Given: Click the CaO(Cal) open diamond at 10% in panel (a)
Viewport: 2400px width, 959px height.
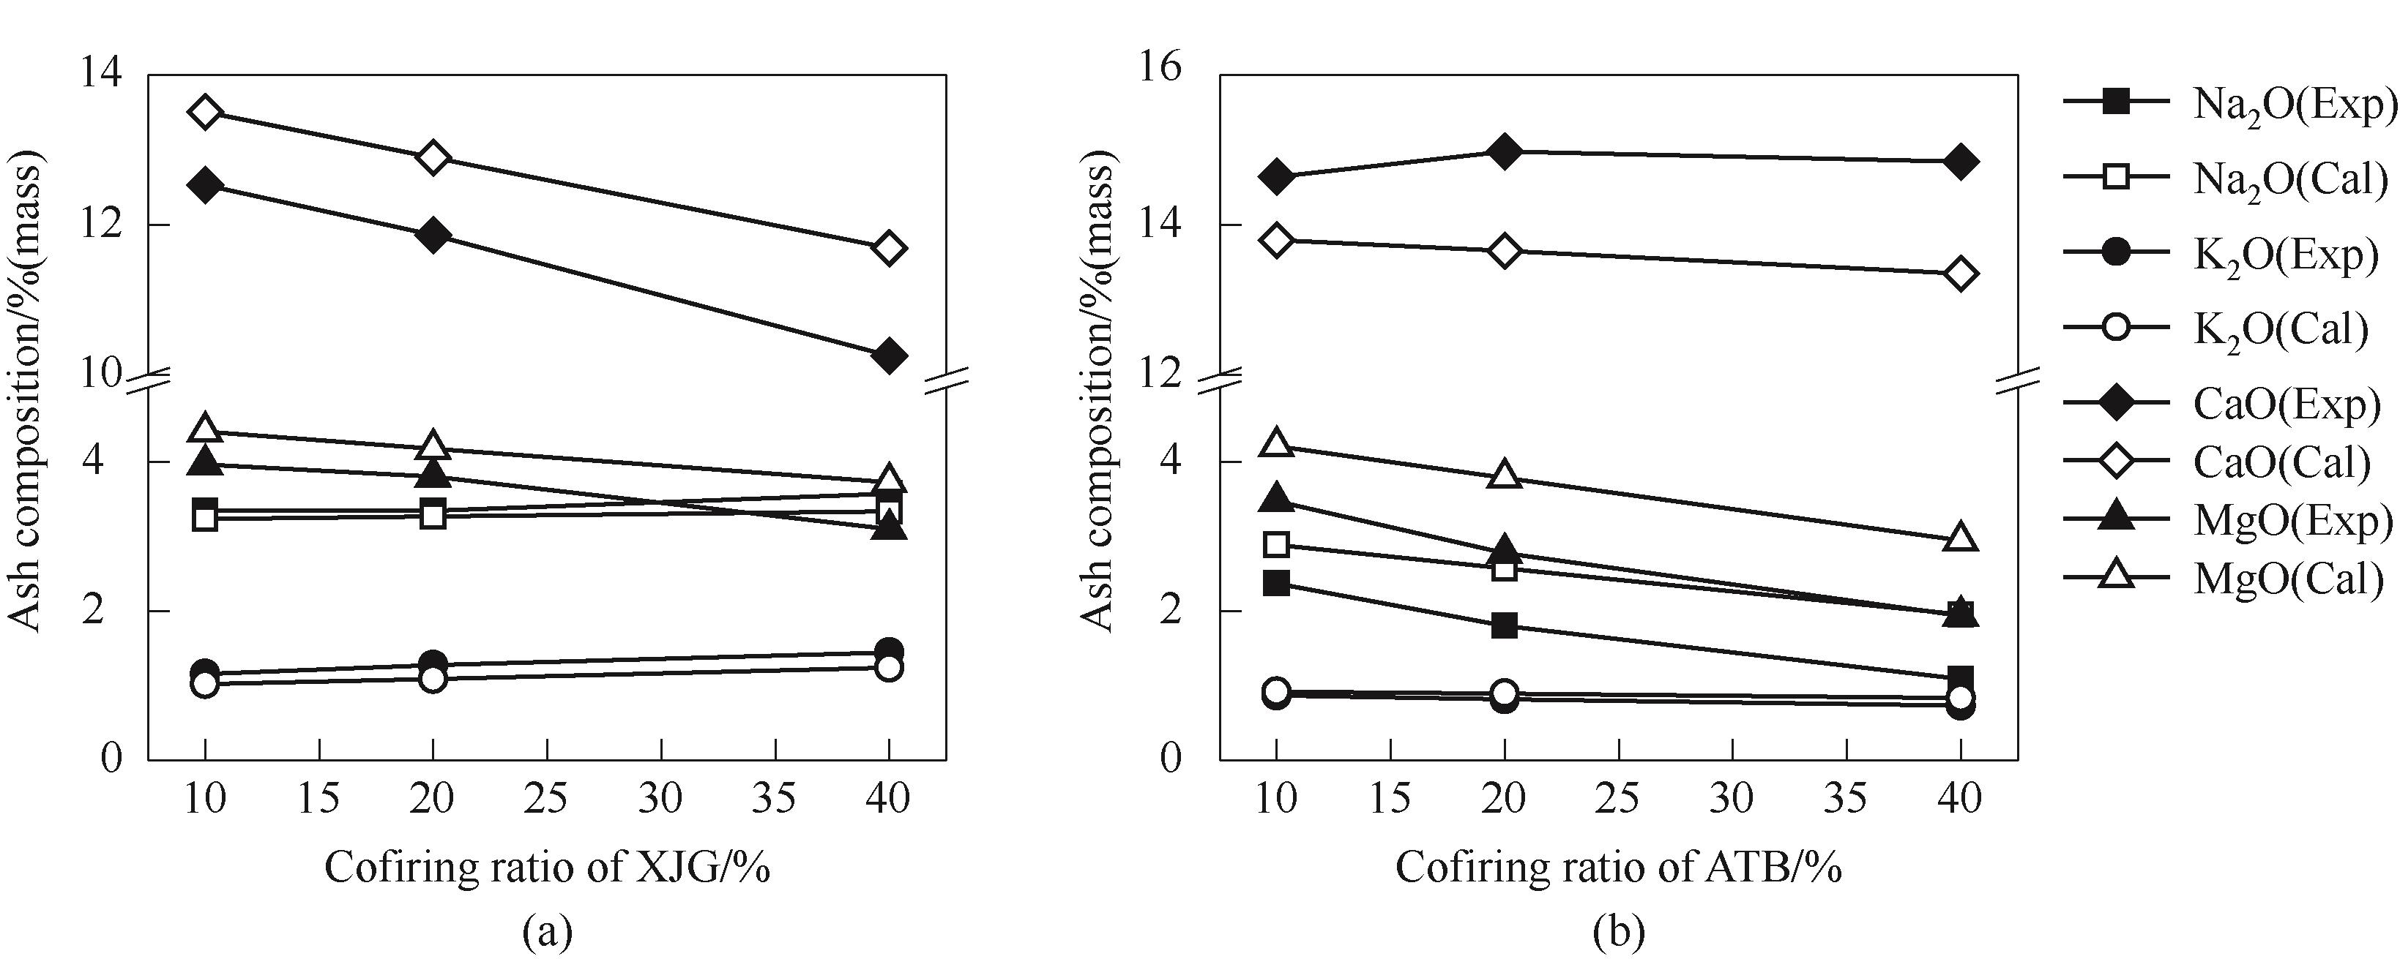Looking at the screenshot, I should [x=205, y=113].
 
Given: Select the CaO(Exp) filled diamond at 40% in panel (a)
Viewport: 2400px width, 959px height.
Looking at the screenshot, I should [x=889, y=355].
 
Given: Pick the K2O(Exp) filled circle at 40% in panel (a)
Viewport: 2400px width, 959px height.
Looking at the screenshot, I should [x=889, y=652].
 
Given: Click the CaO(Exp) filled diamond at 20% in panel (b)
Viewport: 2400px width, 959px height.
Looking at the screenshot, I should [x=1505, y=151].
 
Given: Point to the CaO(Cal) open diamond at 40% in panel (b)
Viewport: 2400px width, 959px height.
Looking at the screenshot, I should [x=1960, y=274].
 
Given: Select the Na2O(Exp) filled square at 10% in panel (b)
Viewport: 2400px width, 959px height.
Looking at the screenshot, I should [x=1276, y=584].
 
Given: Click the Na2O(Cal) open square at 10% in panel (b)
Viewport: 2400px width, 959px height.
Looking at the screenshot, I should [x=1276, y=545].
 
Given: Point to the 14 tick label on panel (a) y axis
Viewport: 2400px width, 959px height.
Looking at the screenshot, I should [x=102, y=74].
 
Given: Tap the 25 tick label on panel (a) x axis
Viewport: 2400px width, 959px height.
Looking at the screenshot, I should [x=547, y=799].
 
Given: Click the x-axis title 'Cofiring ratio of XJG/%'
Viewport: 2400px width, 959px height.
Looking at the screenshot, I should [x=547, y=868].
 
